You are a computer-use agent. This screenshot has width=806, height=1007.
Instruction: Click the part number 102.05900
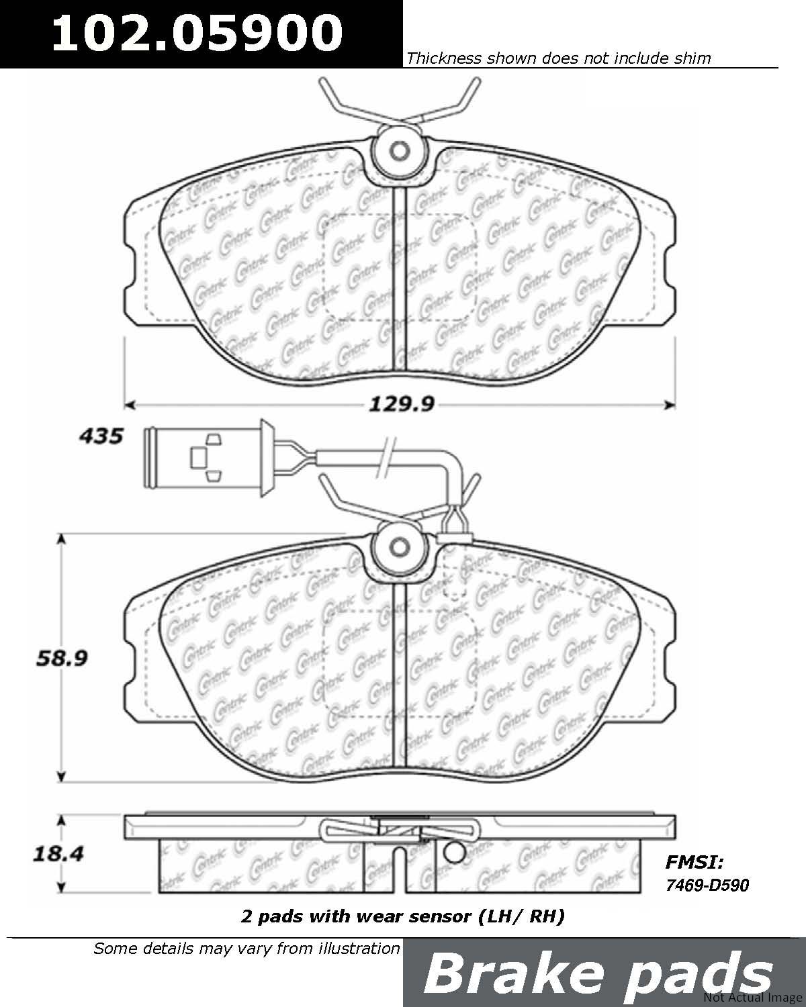click(x=197, y=33)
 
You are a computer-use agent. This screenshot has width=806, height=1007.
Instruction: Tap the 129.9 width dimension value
click(x=402, y=404)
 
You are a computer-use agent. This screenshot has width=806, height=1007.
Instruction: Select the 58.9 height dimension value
click(x=62, y=659)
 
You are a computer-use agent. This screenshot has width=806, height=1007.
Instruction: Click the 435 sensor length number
click(x=101, y=436)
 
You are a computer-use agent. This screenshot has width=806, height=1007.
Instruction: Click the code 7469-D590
click(x=707, y=885)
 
